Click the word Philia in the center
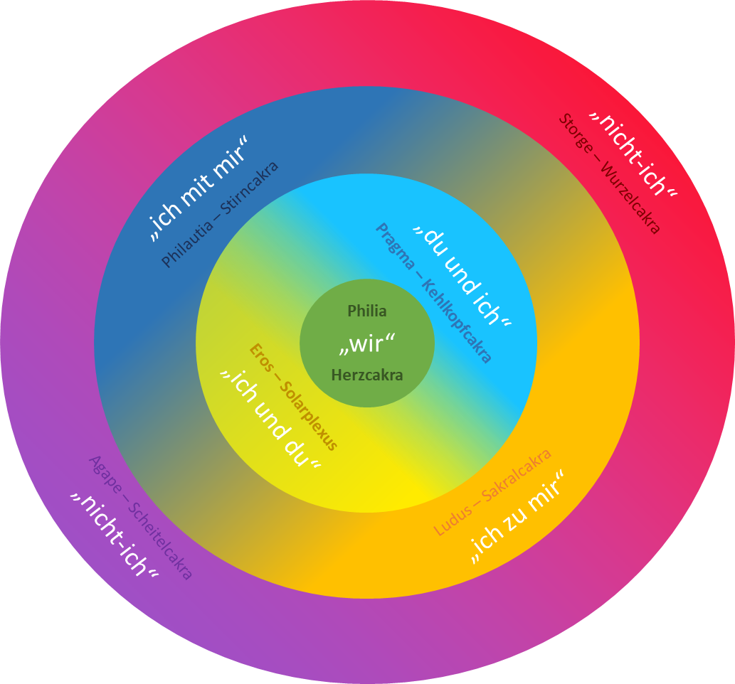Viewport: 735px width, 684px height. click(367, 311)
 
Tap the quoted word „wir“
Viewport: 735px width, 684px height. click(366, 345)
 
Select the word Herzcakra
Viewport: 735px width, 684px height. click(367, 375)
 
